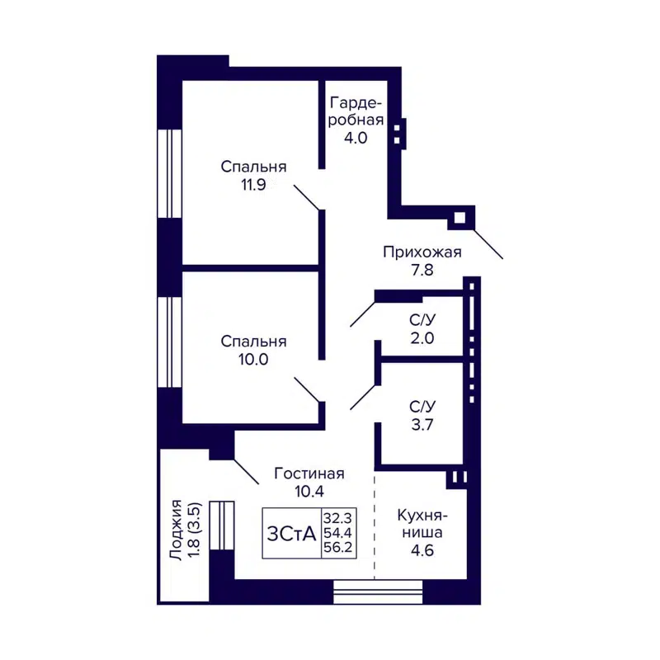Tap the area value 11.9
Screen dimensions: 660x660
tap(253, 185)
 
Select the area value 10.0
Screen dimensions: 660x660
tap(253, 359)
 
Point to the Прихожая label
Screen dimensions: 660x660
tap(422, 252)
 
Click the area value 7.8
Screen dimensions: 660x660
tap(422, 269)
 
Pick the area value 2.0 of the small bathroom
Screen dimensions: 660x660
tap(422, 337)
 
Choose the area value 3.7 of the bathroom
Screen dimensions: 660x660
tap(422, 426)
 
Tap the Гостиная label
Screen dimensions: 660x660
tap(309, 474)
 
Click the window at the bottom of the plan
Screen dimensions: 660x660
tap(378, 592)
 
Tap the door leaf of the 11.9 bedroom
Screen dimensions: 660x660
tap(307, 197)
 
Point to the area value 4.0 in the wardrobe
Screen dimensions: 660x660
tap(356, 138)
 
